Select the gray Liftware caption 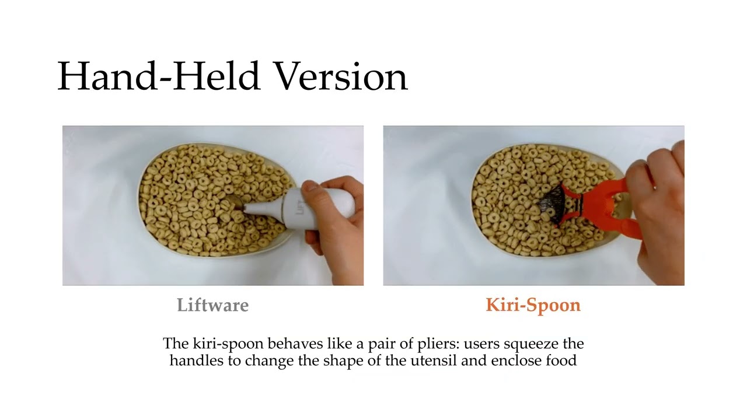point(212,305)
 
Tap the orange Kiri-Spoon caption point(533,305)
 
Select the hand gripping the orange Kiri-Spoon point(662,216)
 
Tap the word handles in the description point(197,360)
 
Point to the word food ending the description point(561,360)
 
